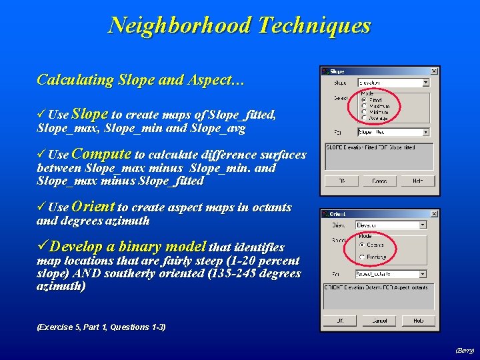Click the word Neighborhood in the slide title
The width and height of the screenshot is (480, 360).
pos(179,25)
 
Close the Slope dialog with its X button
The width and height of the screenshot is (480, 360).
pos(433,71)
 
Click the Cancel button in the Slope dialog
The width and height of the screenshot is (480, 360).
pos(379,181)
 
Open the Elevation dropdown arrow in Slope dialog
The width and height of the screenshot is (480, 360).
pos(425,83)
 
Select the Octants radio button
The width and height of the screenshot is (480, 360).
pos(363,244)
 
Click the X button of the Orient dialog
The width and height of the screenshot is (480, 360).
pos(433,214)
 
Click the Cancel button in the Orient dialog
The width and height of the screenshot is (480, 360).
pos(379,321)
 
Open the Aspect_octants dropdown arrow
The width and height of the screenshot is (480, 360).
pos(425,273)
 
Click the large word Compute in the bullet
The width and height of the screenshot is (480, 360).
pos(101,154)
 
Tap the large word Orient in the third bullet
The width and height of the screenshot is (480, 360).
pos(93,207)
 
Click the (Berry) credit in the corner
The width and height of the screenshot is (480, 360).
pos(464,350)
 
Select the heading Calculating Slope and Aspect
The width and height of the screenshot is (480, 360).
pos(141,80)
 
